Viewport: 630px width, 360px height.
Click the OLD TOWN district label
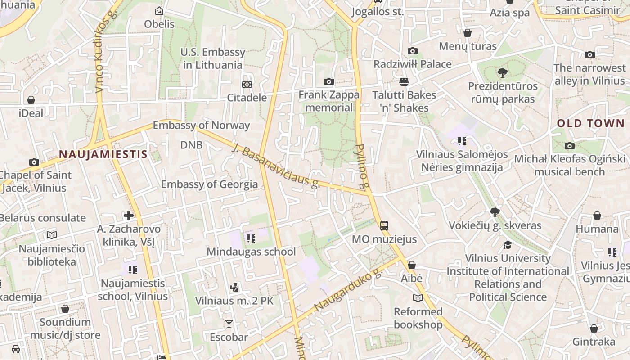591,123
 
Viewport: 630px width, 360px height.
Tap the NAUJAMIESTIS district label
103,154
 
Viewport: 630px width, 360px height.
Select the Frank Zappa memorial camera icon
329,81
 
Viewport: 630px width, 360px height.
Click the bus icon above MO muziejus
384,225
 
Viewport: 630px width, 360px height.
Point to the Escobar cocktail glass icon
229,324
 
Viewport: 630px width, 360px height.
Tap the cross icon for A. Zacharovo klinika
129,216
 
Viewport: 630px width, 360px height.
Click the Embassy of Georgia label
209,184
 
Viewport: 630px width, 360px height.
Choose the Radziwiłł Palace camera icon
412,51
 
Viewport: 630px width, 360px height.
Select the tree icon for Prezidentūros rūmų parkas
502,72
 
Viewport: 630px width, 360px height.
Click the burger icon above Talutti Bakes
404,82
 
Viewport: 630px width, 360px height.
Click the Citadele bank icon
247,85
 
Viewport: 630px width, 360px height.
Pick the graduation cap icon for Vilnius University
508,245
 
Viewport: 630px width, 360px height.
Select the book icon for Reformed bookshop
418,298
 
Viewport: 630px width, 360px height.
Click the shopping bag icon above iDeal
31,100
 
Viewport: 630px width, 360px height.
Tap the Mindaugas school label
251,252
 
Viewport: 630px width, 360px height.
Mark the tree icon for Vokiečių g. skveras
495,212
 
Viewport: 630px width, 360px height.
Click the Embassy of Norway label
201,125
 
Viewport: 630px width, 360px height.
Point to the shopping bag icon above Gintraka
594,328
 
